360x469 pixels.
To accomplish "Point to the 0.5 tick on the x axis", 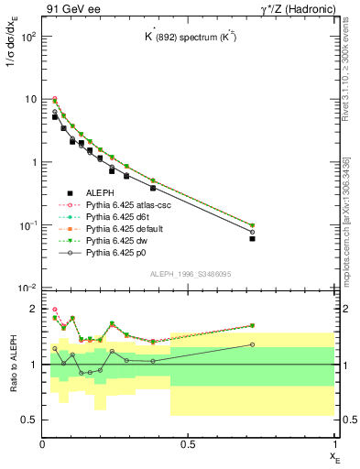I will coord(188,444).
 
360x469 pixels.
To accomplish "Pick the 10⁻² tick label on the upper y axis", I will coord(28,289).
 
